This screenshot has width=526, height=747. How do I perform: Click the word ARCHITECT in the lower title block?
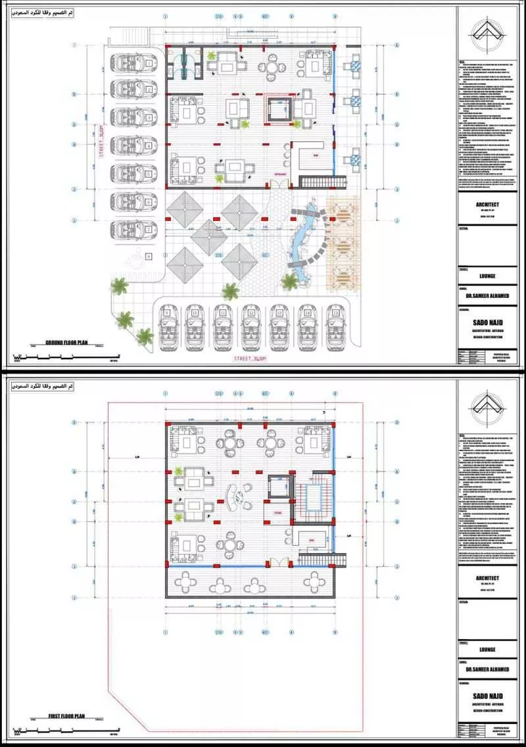click(x=487, y=579)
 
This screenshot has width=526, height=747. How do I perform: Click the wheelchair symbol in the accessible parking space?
click(x=149, y=255)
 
